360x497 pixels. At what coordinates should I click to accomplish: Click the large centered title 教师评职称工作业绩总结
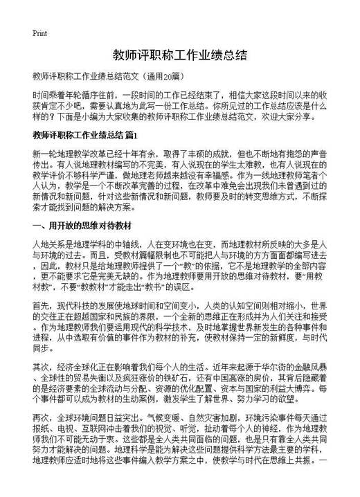coord(179,55)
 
